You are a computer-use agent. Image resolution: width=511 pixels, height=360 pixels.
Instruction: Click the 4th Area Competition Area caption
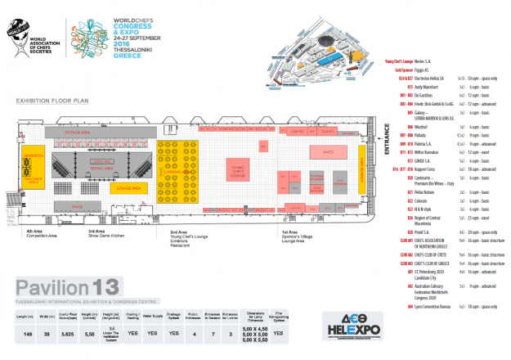(31, 234)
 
